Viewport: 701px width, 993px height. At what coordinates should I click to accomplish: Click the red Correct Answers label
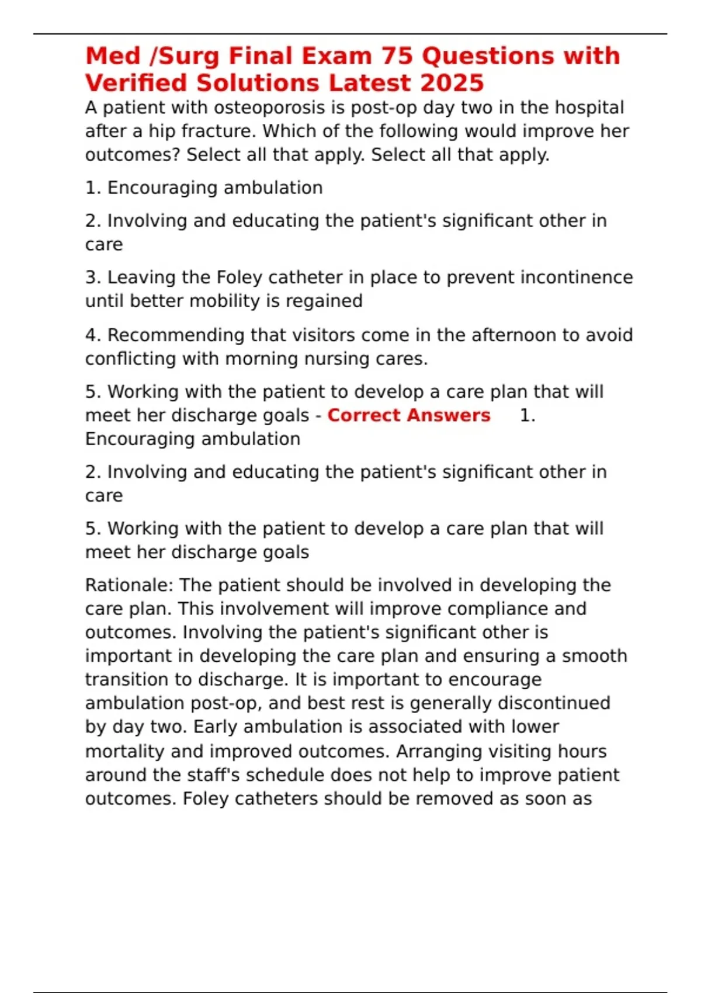pyautogui.click(x=408, y=415)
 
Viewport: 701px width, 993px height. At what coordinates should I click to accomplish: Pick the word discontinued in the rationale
pyautogui.click(x=553, y=703)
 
